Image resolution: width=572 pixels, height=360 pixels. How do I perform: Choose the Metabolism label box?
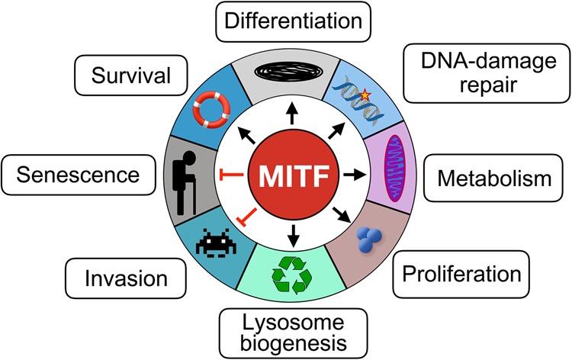[493, 180]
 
